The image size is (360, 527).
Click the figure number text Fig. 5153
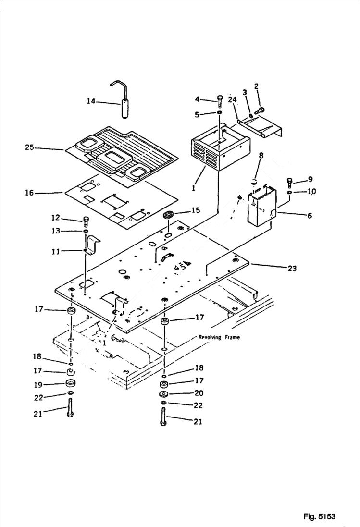point(319,516)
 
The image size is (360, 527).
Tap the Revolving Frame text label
point(219,337)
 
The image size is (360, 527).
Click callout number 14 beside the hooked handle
point(91,101)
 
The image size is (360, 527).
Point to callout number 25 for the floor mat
point(30,147)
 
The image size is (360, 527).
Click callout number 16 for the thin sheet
point(30,193)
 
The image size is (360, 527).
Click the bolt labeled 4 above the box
point(220,100)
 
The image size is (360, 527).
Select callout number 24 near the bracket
point(233,100)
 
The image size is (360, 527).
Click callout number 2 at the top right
point(256,86)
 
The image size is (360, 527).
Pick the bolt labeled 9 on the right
point(290,182)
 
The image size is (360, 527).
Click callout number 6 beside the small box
point(310,216)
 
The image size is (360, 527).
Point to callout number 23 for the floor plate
point(292,269)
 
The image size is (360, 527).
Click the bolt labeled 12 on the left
point(86,221)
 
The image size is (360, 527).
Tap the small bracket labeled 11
point(92,245)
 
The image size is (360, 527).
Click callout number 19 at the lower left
point(38,384)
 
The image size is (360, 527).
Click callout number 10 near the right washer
point(311,192)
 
